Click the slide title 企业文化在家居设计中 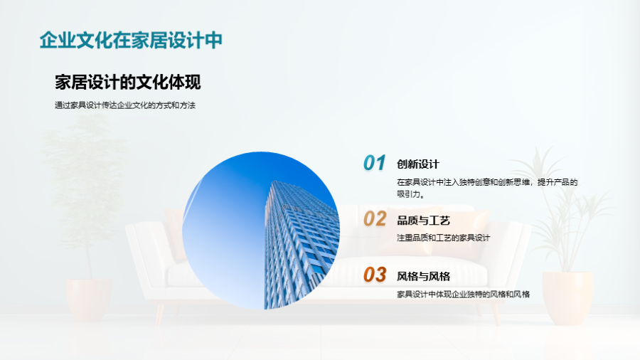[131, 40]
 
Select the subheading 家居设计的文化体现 [128, 82]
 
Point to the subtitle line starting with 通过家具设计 [125, 105]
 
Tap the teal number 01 [374, 162]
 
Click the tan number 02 [375, 219]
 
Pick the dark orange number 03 [375, 275]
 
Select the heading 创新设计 [418, 164]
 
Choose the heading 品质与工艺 [423, 221]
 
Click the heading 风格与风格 [423, 276]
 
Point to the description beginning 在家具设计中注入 [487, 188]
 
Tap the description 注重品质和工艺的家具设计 [443, 238]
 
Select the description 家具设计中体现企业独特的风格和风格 [463, 295]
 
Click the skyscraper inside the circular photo [302, 244]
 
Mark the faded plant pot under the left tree [89, 300]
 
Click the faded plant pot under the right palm [567, 297]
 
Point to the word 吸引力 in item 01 [409, 194]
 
